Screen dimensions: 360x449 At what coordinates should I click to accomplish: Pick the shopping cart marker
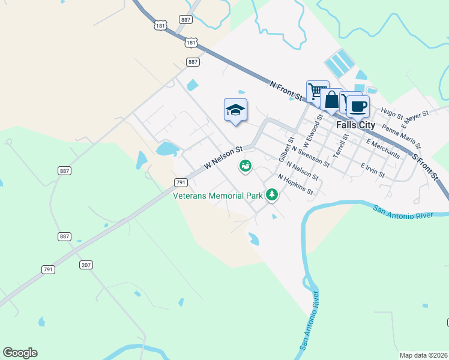tap(317, 92)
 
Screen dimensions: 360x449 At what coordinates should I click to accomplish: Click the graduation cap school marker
tap(235, 110)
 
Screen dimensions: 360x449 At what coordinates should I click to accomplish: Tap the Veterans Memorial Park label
tap(218, 196)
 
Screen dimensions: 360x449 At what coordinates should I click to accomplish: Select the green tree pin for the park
tap(273, 194)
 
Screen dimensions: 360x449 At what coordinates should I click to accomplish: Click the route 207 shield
tap(86, 265)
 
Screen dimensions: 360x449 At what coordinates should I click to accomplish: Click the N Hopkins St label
tap(295, 184)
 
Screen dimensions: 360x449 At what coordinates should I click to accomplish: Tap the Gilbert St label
tap(285, 149)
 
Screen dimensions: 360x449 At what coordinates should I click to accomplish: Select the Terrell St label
tap(342, 143)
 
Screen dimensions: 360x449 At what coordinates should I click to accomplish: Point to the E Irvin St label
tap(372, 169)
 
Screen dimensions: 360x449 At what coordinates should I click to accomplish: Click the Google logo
tap(20, 353)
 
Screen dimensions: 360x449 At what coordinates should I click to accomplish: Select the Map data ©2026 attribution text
tap(423, 355)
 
